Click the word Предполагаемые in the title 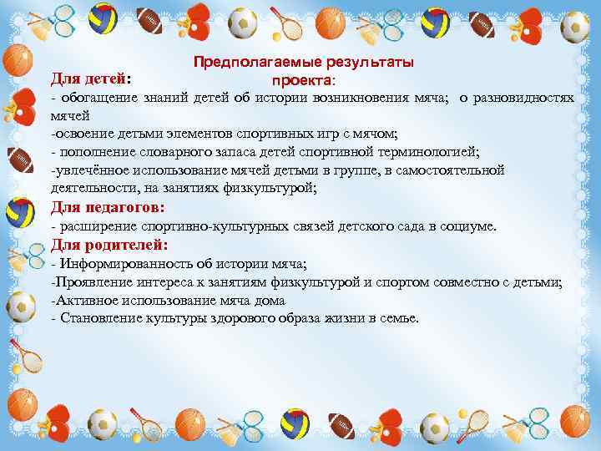(x=243, y=63)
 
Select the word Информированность (x=116, y=265)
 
